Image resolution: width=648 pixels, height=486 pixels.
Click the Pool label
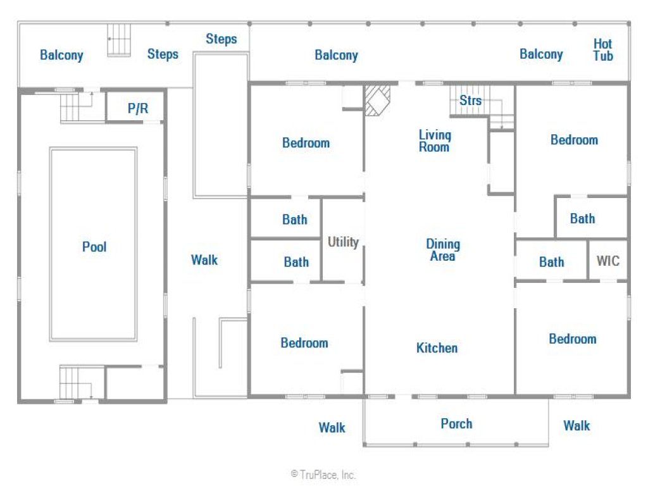(x=94, y=247)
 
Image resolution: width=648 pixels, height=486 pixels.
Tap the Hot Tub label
(x=603, y=49)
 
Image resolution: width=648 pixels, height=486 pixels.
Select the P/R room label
(x=137, y=108)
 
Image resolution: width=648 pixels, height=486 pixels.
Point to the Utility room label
(x=343, y=242)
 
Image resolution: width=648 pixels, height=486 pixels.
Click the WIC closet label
(x=608, y=261)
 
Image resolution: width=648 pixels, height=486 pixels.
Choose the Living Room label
(x=435, y=141)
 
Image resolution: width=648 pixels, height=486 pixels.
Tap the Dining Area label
(x=443, y=249)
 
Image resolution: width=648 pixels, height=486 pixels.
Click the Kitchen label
(x=437, y=348)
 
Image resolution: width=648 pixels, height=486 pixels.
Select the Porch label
(x=456, y=423)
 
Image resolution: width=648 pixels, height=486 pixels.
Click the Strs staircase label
(x=470, y=100)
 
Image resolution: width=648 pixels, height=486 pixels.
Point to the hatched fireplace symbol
(x=377, y=99)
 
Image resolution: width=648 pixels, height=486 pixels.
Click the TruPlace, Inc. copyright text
(x=323, y=475)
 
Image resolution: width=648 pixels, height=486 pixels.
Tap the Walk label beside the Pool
(x=204, y=260)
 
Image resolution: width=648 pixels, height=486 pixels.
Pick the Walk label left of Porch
(x=332, y=427)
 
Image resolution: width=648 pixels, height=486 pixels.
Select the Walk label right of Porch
(x=576, y=426)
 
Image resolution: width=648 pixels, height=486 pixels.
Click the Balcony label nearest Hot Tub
(x=541, y=54)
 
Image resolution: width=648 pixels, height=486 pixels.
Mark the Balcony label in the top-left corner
(x=61, y=55)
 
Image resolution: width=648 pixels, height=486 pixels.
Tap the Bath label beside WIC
(x=551, y=261)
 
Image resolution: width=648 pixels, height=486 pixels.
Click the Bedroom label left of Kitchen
(x=304, y=343)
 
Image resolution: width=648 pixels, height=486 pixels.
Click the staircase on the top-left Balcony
(x=119, y=40)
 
